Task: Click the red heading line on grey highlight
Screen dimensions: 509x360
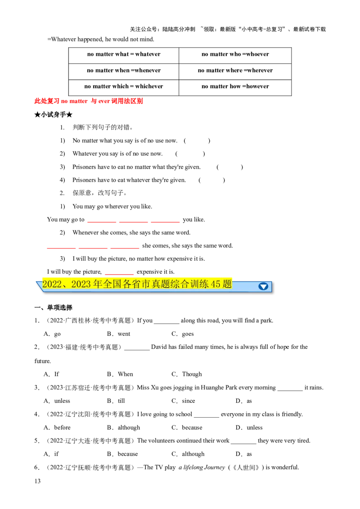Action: pyautogui.click(x=88, y=101)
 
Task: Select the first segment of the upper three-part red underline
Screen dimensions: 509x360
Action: pyautogui.click(x=102, y=221)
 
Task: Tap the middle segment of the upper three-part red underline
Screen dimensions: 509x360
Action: pyautogui.click(x=134, y=221)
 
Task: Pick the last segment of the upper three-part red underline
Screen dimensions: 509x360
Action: pyautogui.click(x=165, y=221)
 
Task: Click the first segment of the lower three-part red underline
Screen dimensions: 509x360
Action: pyautogui.click(x=62, y=248)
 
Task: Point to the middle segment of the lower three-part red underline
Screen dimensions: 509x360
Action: pyautogui.click(x=93, y=248)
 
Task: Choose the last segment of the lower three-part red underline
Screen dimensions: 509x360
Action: pyautogui.click(x=125, y=248)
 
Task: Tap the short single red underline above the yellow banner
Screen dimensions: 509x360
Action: pyautogui.click(x=120, y=274)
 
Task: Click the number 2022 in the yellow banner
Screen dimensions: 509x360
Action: pyautogui.click(x=51, y=284)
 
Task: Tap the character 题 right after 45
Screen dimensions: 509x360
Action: pyautogui.click(x=227, y=284)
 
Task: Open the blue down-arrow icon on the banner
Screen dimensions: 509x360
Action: pyautogui.click(x=263, y=286)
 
